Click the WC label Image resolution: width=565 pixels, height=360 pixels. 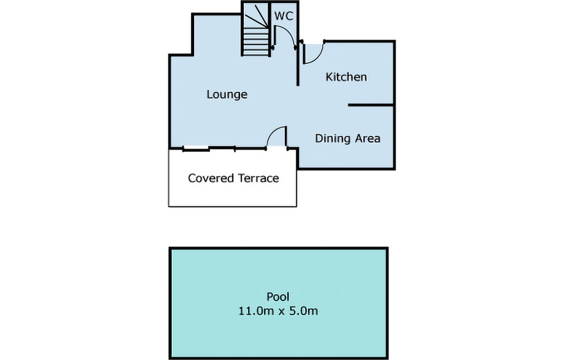(284, 17)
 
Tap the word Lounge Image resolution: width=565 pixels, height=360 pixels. (227, 94)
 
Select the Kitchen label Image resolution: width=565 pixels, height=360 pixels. (346, 77)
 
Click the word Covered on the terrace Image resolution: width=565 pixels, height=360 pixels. (211, 178)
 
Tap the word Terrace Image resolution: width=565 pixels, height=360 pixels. (258, 178)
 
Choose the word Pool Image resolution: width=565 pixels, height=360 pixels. (278, 297)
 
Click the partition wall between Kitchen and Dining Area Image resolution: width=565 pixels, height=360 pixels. (370, 104)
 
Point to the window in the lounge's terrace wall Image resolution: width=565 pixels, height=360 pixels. (196, 148)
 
